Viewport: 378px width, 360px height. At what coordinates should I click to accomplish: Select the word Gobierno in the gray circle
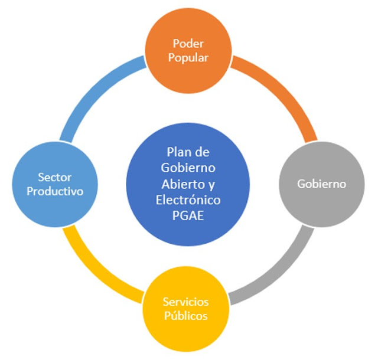322,183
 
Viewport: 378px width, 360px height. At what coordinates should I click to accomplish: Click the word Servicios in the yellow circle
185,302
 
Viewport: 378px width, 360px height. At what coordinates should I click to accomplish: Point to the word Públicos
185,316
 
